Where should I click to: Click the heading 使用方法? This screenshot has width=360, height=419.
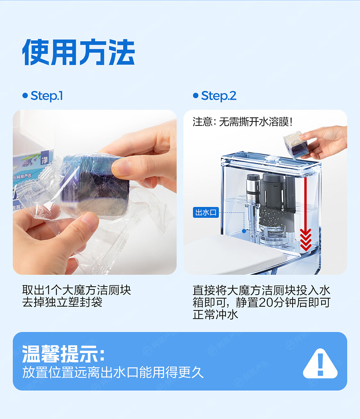click(78, 52)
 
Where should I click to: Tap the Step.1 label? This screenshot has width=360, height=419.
click(47, 96)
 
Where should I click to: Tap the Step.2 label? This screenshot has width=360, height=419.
click(219, 96)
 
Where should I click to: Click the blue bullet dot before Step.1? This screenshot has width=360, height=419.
click(25, 96)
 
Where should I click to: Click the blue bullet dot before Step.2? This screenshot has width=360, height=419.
click(196, 96)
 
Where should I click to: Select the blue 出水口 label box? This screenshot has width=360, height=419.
click(206, 212)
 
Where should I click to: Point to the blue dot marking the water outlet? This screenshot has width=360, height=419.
click(244, 231)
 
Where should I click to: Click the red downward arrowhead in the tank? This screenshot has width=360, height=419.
click(306, 240)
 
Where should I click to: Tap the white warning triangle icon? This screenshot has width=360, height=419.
click(320, 364)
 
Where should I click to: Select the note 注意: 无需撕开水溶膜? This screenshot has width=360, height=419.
click(242, 122)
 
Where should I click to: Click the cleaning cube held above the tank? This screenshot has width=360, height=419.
click(296, 145)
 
